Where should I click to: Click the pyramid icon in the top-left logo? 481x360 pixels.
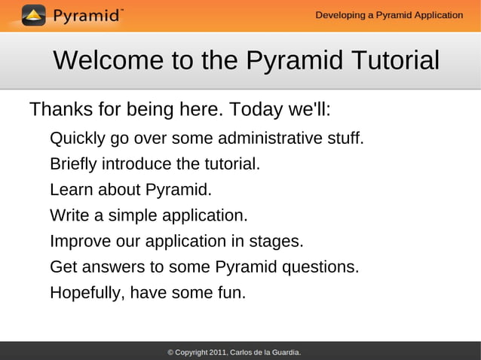(33, 15)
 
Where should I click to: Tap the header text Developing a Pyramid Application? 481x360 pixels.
(389, 15)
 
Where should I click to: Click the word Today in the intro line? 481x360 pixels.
(256, 110)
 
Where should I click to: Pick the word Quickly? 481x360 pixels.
(78, 139)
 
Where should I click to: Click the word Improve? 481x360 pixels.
(81, 241)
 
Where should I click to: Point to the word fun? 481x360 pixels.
(231, 293)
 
